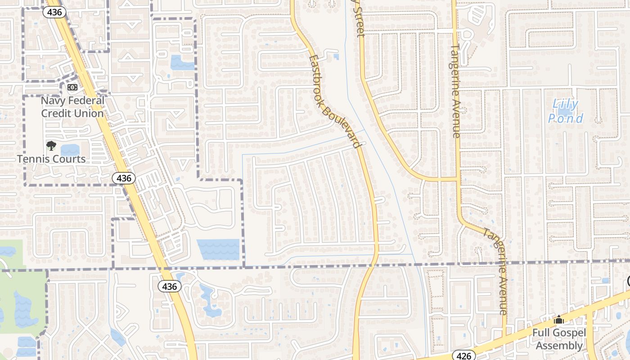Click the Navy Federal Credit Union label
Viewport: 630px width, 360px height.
[x=72, y=107]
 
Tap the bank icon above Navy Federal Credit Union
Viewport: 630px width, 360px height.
[x=72, y=87]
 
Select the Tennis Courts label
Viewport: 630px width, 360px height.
[x=51, y=159]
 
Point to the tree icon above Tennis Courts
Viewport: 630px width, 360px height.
[x=51, y=146]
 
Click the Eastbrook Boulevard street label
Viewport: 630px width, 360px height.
[x=335, y=101]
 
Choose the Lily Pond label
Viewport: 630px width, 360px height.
[x=566, y=112]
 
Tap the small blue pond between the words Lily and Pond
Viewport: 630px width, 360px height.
[x=565, y=111]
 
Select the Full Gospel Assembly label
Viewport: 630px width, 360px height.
[x=559, y=339]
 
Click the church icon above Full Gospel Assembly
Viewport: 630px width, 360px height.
[x=559, y=320]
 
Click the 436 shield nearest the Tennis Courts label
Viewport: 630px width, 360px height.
[x=123, y=178]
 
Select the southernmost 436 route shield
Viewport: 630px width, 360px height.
[x=170, y=286]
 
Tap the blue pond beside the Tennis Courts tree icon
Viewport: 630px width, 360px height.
[x=70, y=149]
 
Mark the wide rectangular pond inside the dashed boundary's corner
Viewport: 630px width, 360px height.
[x=218, y=249]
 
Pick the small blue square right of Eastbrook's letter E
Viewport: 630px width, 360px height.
[x=336, y=56]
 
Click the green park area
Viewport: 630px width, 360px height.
[x=18, y=288]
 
